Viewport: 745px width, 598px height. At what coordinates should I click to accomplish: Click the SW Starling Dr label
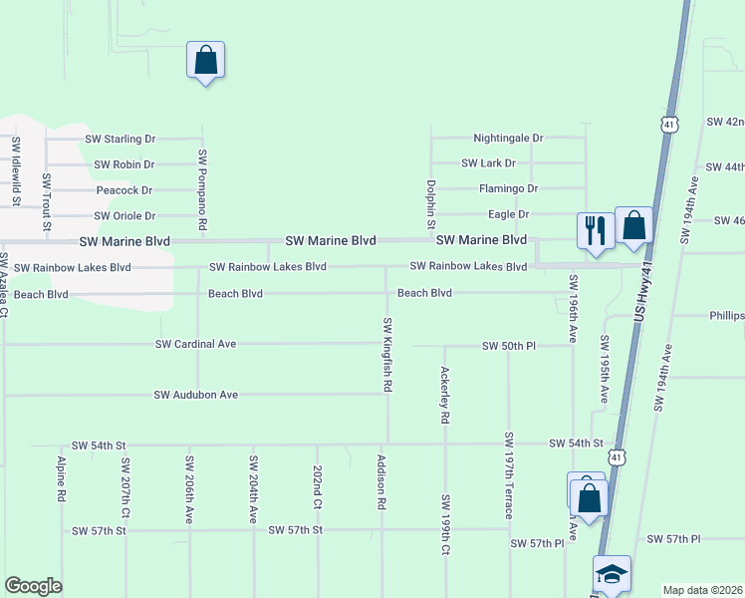coord(121,139)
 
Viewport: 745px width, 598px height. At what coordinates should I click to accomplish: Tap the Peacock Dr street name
coord(124,189)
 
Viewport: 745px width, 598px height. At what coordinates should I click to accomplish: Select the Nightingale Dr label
coord(508,138)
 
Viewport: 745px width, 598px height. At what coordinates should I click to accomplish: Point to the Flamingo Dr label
coord(508,188)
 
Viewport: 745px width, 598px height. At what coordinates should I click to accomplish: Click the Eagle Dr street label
coord(508,214)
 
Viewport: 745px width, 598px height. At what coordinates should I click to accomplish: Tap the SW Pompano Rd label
coord(202,190)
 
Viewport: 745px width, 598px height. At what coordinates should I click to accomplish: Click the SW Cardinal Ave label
coord(195,344)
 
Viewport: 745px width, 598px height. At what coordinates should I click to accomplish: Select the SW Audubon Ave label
coord(195,395)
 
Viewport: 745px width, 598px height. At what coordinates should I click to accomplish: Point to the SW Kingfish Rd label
coord(387,354)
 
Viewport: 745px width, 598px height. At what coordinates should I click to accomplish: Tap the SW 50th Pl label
coord(509,345)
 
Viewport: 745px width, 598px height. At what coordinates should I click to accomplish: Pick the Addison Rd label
coord(380,482)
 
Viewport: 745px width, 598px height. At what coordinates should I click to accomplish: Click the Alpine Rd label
coord(62,480)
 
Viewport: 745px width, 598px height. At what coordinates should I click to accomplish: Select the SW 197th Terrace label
coord(509,475)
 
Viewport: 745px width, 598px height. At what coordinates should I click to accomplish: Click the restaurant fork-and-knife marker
coord(595,230)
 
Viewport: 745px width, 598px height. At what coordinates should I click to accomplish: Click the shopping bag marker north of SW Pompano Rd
coord(205,60)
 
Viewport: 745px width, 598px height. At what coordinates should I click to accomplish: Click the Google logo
coord(33,586)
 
